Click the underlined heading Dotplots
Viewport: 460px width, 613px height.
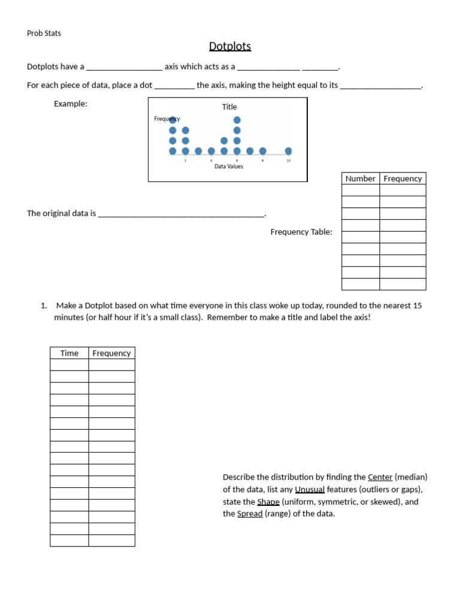[x=230, y=46]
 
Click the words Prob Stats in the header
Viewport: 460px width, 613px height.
[x=44, y=33]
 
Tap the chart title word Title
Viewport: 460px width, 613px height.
[x=229, y=107]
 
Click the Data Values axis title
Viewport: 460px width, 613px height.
[x=229, y=166]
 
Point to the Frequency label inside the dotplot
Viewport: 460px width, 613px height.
[x=167, y=119]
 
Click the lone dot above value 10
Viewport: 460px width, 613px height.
[x=289, y=151]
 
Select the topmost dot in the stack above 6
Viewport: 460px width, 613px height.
[x=237, y=120]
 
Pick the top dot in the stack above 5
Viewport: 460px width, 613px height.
[x=224, y=141]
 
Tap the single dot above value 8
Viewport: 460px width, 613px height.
[x=263, y=151]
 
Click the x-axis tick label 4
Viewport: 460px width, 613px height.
[x=211, y=160]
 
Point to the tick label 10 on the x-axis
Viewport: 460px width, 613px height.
[x=289, y=160]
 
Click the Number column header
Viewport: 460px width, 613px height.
[x=360, y=178]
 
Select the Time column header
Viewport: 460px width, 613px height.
[x=69, y=353]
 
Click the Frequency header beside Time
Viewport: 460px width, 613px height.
[x=111, y=353]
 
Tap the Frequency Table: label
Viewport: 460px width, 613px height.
[x=301, y=232]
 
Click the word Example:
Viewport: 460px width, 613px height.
[x=71, y=104]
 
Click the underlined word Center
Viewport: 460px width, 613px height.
[x=380, y=477]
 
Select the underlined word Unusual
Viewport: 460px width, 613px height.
[x=310, y=490]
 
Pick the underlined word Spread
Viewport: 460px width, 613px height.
[x=250, y=514]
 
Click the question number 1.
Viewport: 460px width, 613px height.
[x=44, y=305]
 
